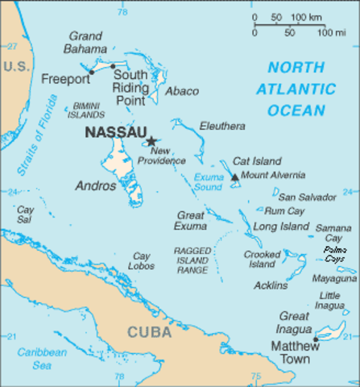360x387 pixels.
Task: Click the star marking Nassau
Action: coord(150,141)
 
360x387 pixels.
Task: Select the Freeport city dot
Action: coord(91,72)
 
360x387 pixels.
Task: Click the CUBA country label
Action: coord(149,331)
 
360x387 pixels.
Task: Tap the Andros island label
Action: coord(96,185)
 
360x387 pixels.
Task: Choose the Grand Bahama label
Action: coord(86,43)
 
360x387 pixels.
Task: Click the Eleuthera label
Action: coord(222,126)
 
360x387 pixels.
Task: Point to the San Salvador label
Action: coord(307,197)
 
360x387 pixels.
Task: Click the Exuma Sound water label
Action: coord(208,181)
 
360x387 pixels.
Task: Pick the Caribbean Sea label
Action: coord(42,359)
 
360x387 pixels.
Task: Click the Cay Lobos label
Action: coord(142,261)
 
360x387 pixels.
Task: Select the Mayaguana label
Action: coord(334,278)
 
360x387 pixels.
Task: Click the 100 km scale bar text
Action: coord(306,18)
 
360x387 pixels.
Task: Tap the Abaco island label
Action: coord(181,91)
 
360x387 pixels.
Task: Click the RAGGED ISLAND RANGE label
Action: coord(192,261)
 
